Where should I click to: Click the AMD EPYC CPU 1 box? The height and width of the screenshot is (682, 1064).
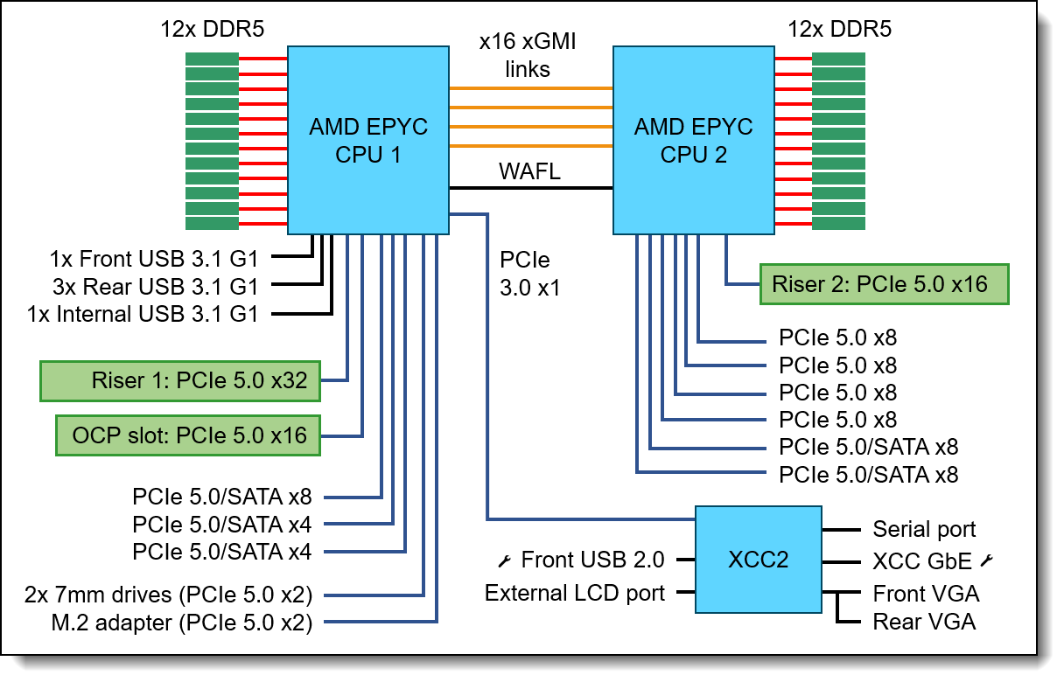point(367,140)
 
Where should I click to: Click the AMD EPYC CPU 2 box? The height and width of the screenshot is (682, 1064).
point(693,140)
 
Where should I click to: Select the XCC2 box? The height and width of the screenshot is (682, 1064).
point(758,559)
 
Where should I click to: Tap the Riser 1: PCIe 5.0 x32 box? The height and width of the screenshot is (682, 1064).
point(180,381)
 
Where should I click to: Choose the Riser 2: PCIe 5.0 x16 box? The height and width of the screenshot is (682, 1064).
point(884,284)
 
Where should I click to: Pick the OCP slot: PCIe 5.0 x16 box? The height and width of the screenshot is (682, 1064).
point(187,435)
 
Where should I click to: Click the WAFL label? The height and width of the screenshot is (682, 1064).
point(529,172)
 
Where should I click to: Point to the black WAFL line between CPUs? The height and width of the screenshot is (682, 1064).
point(529,188)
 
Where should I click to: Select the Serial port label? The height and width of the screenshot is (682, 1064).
point(924,529)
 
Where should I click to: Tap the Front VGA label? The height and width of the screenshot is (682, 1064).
point(926,594)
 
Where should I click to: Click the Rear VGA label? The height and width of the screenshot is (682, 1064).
point(924,622)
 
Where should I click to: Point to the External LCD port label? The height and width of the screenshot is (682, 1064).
point(575,593)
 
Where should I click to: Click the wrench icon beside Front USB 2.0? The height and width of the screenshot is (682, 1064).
point(505,560)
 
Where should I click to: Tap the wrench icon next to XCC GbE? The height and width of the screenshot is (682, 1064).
point(989,560)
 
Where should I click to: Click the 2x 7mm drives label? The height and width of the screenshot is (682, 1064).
point(170,595)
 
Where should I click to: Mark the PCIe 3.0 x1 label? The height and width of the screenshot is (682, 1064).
point(529,274)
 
